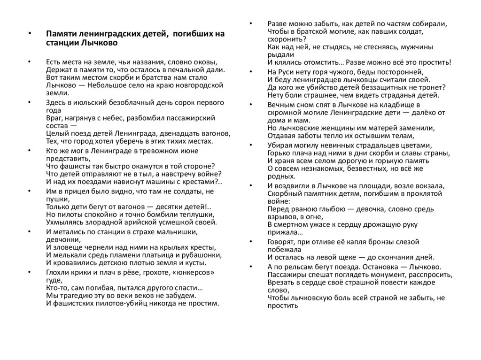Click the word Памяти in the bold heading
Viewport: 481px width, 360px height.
59,34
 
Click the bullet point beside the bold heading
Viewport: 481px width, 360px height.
29,34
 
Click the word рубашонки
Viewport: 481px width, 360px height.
202,255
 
